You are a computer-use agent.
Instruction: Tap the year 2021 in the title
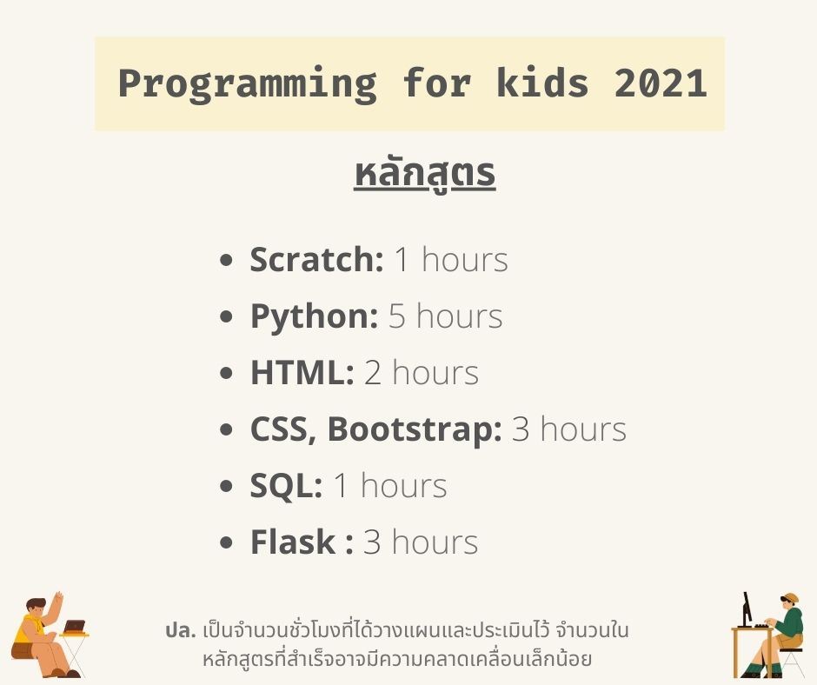(x=661, y=83)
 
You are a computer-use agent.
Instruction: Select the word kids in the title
(x=541, y=83)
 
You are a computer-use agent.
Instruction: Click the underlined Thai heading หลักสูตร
(x=425, y=174)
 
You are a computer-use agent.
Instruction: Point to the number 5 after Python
(x=397, y=316)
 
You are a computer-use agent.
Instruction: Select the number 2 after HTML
(x=373, y=372)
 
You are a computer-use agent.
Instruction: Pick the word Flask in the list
(x=293, y=542)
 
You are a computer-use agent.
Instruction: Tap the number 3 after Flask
(x=372, y=542)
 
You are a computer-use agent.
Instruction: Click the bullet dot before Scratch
(x=226, y=260)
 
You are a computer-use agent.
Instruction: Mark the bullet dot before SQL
(x=226, y=487)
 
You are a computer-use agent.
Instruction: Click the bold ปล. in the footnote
(x=180, y=630)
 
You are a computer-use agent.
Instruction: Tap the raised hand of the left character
(x=58, y=598)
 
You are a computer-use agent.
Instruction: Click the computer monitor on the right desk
(x=747, y=609)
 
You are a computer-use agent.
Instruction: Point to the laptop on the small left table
(x=74, y=626)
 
